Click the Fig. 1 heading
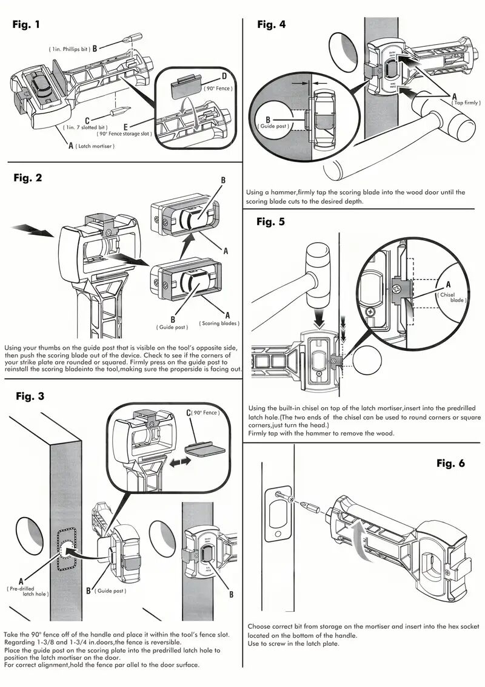coord(27,25)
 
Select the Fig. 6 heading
coord(450,463)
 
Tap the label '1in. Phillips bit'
coord(69,48)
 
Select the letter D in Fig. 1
coord(224,76)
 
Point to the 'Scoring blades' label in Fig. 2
coord(219,323)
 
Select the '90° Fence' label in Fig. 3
coord(207,413)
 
